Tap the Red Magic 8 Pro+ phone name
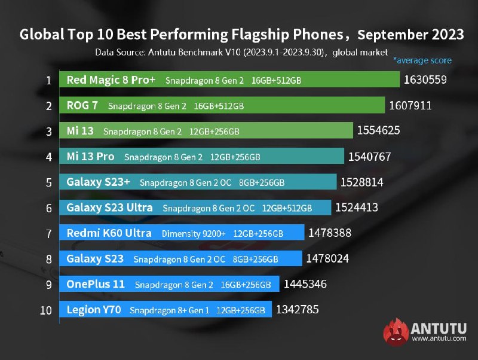click(111, 80)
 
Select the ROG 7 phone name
click(83, 106)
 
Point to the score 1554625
click(378, 130)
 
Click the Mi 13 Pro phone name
click(90, 157)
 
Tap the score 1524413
click(357, 208)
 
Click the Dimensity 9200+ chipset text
click(194, 233)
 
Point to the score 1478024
click(327, 258)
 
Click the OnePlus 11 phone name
click(96, 284)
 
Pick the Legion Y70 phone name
click(94, 310)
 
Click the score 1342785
click(298, 310)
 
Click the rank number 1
click(49, 80)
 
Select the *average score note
click(422, 60)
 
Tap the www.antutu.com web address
click(439, 339)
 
